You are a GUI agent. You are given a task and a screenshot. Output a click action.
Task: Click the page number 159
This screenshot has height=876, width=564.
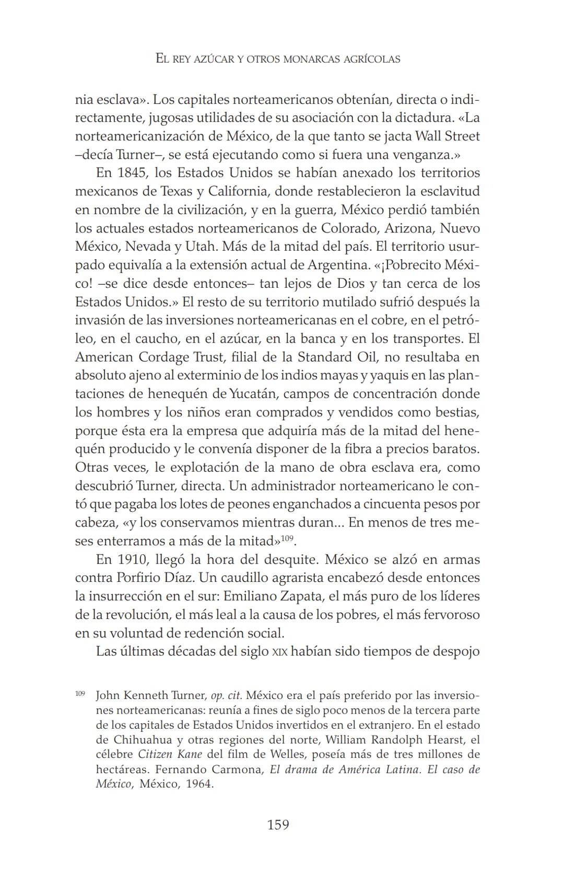[x=278, y=825]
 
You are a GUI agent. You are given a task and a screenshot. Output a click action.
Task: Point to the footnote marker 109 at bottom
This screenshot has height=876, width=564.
[x=80, y=694]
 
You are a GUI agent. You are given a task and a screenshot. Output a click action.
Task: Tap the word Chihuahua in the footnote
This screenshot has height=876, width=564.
[x=136, y=740]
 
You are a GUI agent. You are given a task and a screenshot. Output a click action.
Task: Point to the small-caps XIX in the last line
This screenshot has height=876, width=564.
[x=280, y=652]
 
